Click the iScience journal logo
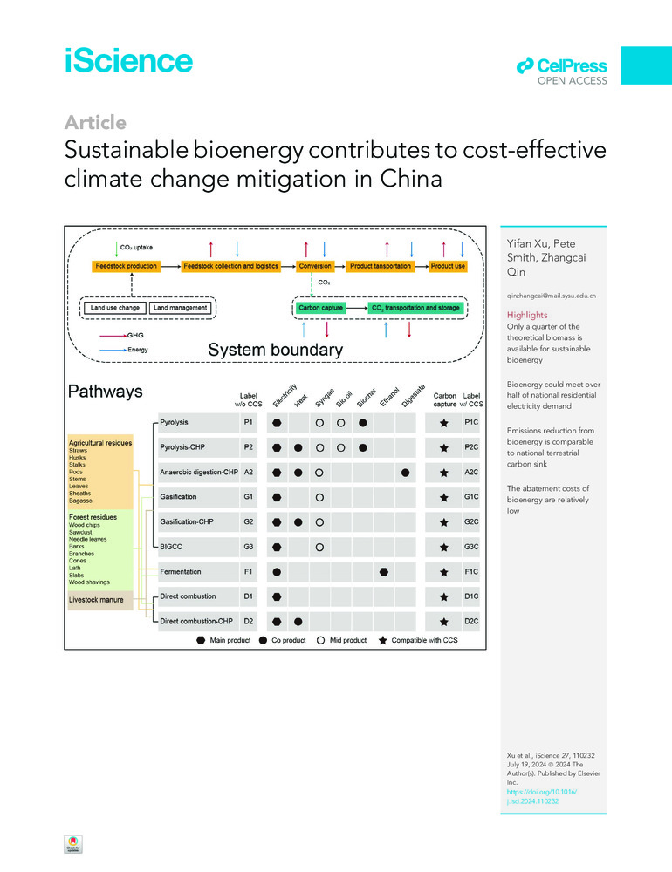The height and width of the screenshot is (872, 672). click(128, 60)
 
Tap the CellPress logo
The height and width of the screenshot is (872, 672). click(561, 66)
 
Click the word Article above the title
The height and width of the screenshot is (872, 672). click(95, 122)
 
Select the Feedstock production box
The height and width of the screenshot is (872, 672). click(127, 265)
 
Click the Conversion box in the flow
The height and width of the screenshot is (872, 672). click(314, 265)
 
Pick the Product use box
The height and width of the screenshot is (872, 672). click(448, 265)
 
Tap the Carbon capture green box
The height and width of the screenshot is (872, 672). click(319, 307)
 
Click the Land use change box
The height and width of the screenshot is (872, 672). click(114, 307)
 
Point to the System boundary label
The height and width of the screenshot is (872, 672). click(275, 350)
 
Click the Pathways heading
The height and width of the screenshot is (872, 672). click(106, 392)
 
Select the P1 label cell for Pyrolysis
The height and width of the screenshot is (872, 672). click(249, 422)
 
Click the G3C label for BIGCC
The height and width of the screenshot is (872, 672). click(471, 547)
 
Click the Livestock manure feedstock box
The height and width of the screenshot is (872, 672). click(99, 600)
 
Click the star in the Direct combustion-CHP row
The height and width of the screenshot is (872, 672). click(444, 622)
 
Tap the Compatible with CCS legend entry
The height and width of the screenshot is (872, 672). click(417, 640)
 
